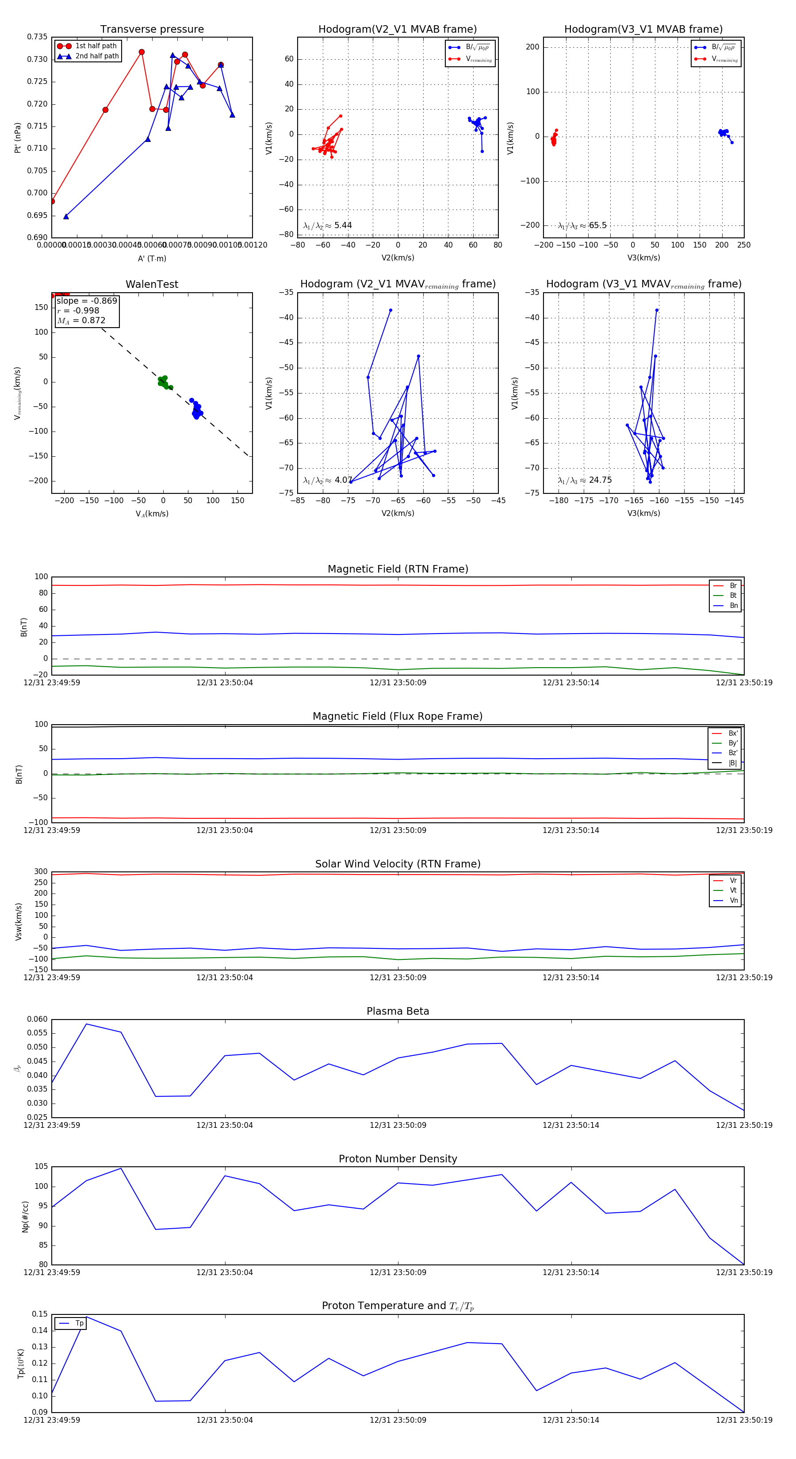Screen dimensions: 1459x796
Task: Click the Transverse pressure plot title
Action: click(x=152, y=30)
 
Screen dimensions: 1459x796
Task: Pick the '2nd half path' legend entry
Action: click(x=97, y=56)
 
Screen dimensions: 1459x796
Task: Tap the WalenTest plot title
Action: click(x=152, y=284)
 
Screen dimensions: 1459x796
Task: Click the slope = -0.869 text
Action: click(x=87, y=301)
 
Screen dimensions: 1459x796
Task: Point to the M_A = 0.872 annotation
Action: click(x=81, y=321)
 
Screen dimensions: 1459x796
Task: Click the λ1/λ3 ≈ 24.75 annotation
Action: click(x=585, y=480)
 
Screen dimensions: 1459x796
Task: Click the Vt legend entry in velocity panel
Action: click(x=733, y=890)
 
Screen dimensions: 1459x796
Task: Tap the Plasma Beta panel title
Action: click(x=398, y=1011)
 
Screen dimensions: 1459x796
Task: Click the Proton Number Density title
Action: click(x=398, y=1159)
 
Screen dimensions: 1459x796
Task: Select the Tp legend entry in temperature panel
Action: click(x=79, y=1323)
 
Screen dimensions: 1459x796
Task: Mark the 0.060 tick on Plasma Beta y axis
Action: click(x=38, y=1019)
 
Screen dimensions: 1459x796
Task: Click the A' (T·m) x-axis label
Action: click(x=152, y=258)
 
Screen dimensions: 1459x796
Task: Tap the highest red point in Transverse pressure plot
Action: click(x=142, y=52)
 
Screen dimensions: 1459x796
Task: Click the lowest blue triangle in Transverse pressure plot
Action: click(x=66, y=216)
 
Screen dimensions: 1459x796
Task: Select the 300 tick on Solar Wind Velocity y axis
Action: click(x=41, y=872)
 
